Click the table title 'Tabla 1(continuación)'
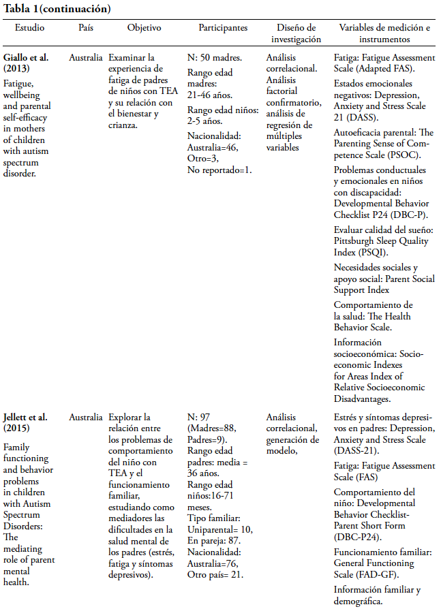pos(57,9)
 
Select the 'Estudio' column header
pos(29,28)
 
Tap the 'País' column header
pos(85,28)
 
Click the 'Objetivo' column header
pos(144,28)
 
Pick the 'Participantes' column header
pos(223,28)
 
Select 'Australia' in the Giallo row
pos(86,57)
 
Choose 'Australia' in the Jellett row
pos(86,416)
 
